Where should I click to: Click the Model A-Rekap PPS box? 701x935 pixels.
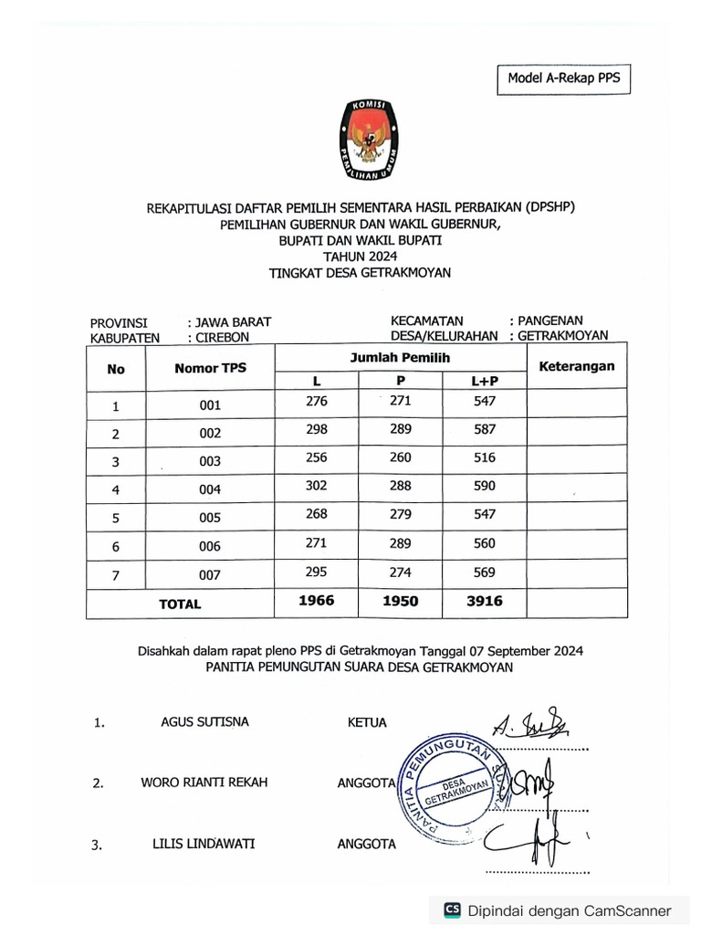[563, 79]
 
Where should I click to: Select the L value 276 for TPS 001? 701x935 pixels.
[317, 402]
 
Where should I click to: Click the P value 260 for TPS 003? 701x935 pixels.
[400, 457]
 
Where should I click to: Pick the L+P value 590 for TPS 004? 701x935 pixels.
[484, 486]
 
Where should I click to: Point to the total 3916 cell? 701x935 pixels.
[484, 601]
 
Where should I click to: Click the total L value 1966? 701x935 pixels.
[317, 601]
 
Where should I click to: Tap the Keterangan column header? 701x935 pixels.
[577, 366]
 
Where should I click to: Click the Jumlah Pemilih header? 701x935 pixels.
[400, 358]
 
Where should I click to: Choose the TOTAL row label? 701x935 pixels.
[180, 604]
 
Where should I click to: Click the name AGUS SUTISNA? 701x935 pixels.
[204, 722]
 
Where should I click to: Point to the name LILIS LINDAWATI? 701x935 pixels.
[204, 844]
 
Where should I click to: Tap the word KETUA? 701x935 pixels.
[367, 723]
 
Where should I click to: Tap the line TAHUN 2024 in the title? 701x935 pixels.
[360, 257]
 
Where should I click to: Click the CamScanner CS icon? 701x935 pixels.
[452, 910]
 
